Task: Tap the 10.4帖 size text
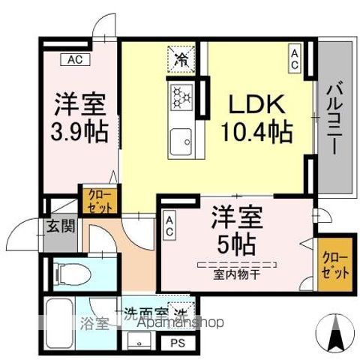(x=256, y=133)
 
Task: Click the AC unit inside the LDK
(x=295, y=60)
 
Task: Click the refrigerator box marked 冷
(x=181, y=59)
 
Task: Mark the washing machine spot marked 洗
(x=180, y=312)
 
